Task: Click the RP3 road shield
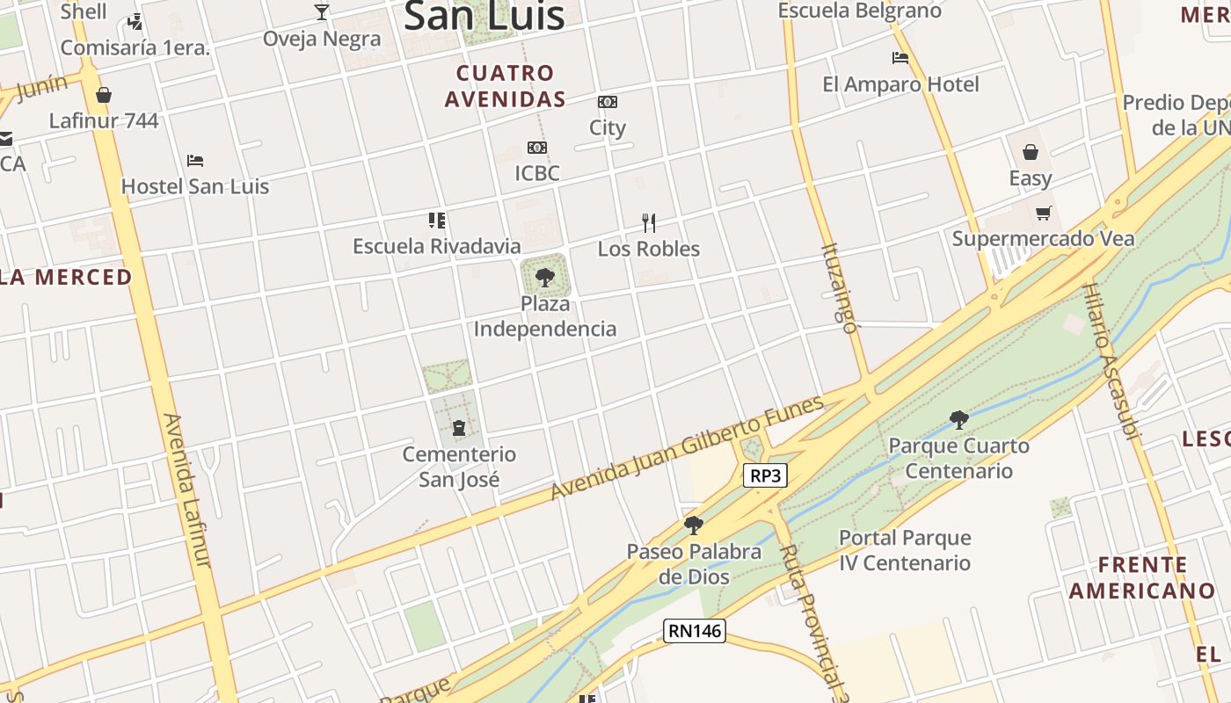coord(765,476)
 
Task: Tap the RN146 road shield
coord(694,630)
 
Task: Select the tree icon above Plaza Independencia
coord(545,279)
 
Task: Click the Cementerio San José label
coord(459,467)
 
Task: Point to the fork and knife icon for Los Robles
coord(649,222)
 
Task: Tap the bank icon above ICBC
coord(537,148)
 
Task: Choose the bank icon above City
coord(608,102)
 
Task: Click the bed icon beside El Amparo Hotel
coord(900,58)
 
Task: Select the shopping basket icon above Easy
coord(1031,152)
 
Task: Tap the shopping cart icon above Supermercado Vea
coord(1044,213)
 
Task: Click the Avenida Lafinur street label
coord(186,489)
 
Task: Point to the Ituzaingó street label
coord(839,288)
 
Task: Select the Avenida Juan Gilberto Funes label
coord(688,447)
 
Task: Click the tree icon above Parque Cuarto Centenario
coord(959,420)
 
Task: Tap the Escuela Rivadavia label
coord(437,246)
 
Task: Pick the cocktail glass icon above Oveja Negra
coord(322,12)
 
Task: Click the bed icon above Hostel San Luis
coord(195,161)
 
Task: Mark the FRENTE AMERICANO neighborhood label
coord(1129,577)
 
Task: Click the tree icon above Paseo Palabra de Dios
coord(694,525)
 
